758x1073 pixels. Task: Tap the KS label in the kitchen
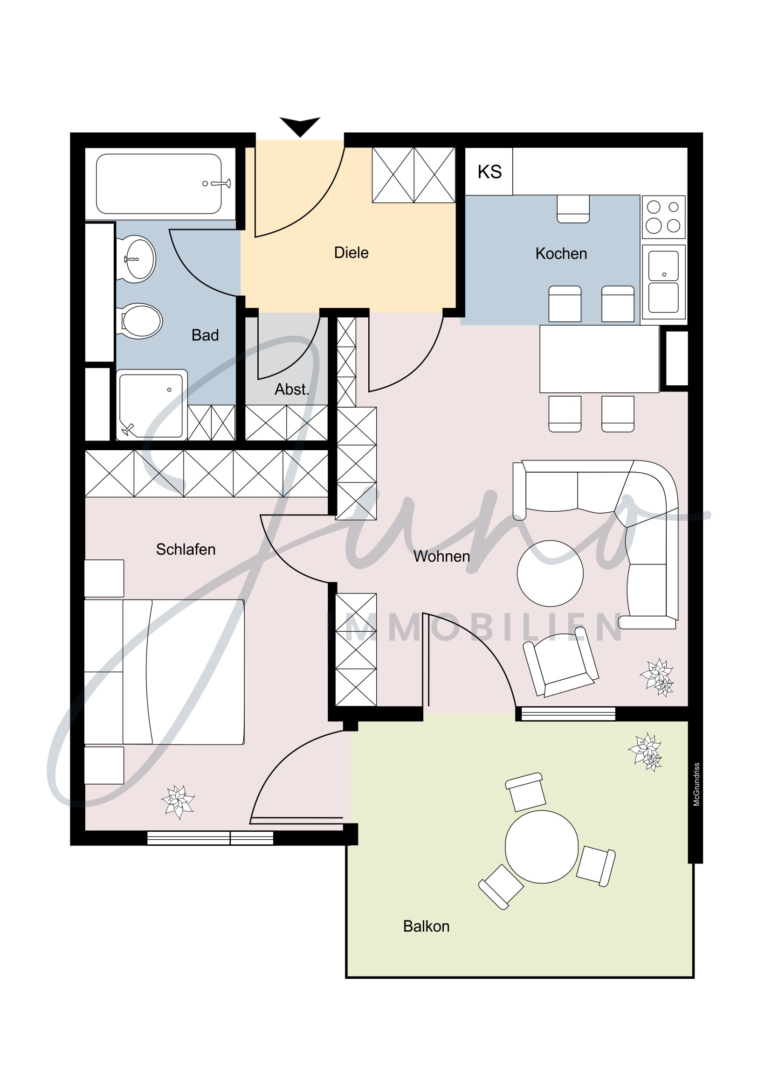pos(489,172)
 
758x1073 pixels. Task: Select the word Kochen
pos(560,254)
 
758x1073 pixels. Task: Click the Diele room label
pos(351,253)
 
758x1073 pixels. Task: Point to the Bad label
pos(205,335)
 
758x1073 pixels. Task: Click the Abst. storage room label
pos(291,389)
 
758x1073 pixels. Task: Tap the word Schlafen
pos(186,550)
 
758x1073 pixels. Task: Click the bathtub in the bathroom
pos(159,184)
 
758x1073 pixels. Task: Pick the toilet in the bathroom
pos(141,321)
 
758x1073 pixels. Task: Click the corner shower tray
pos(151,405)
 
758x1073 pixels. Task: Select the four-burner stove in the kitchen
pos(663,217)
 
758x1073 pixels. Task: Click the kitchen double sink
pos(663,282)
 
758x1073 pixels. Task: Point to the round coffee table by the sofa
pos(550,573)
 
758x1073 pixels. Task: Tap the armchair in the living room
pos(560,662)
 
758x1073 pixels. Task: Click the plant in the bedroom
pos(178,801)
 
